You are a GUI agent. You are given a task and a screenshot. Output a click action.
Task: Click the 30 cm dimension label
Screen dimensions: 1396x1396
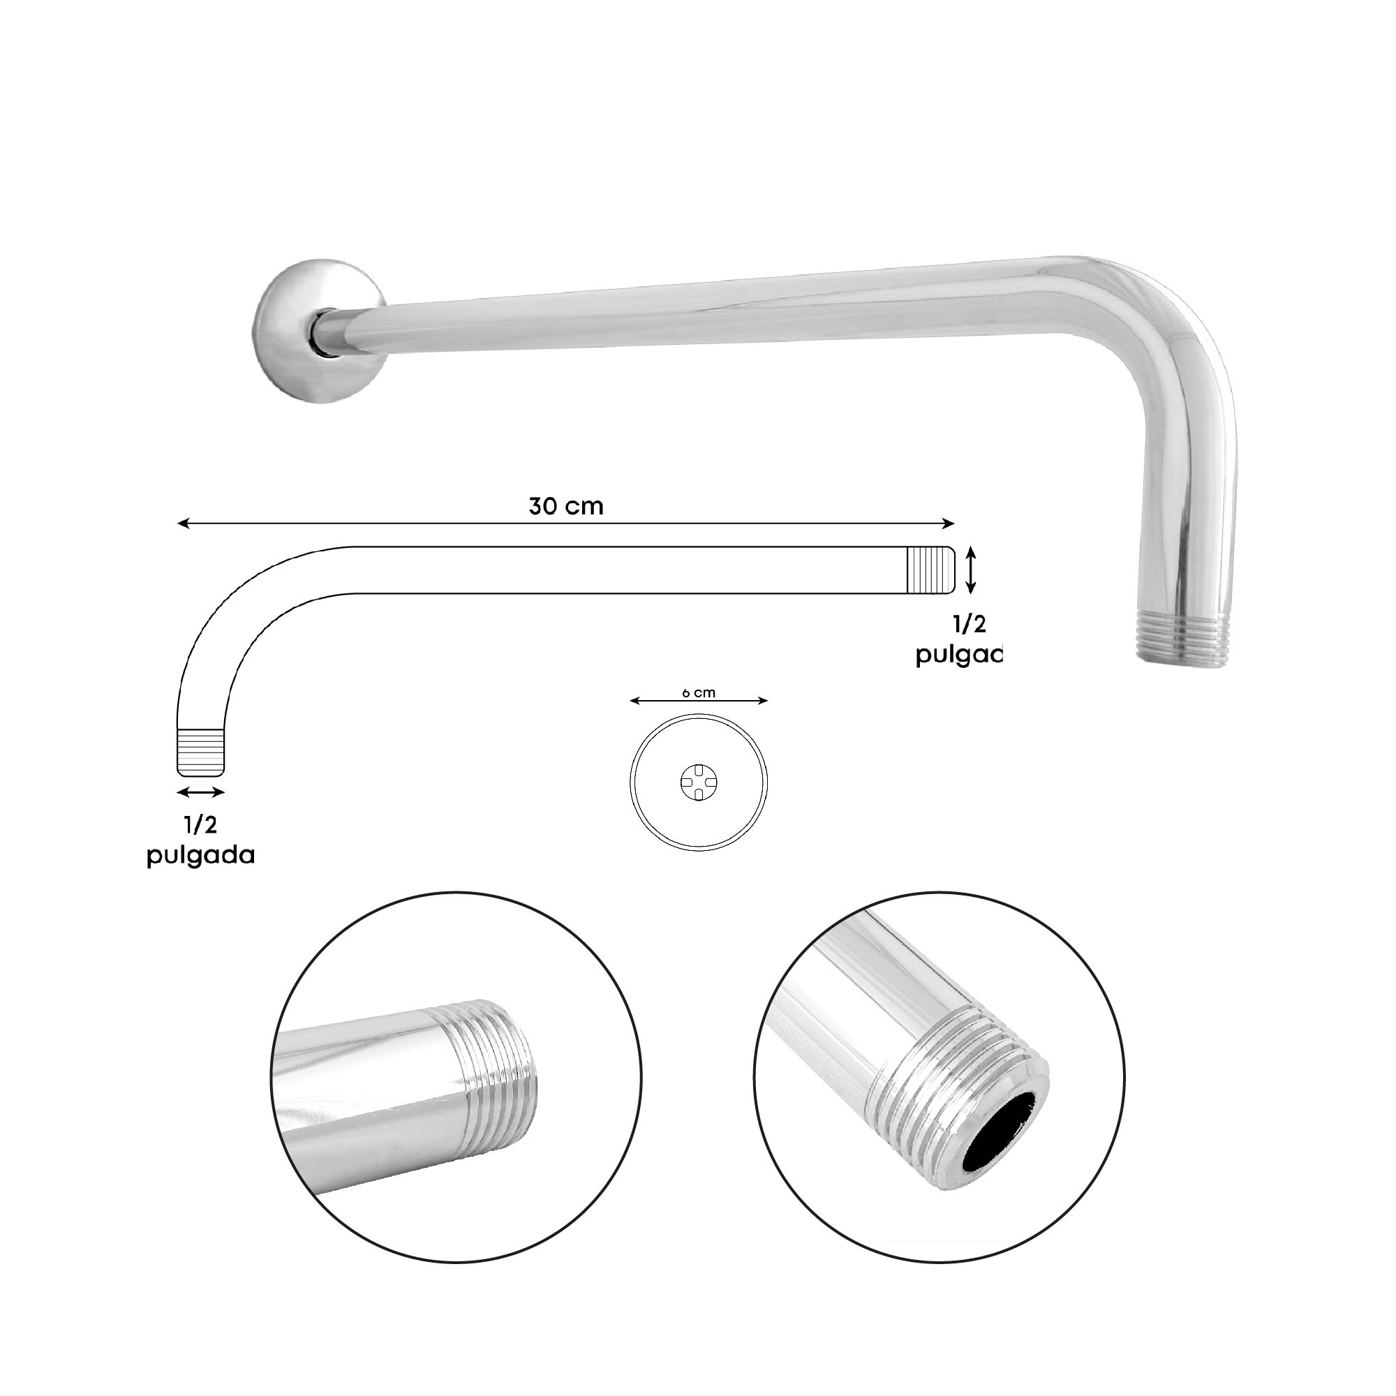tap(566, 507)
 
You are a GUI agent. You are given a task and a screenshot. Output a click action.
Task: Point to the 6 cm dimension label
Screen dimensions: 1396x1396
tap(698, 693)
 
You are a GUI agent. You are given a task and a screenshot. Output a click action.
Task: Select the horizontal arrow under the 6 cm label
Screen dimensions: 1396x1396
tap(698, 700)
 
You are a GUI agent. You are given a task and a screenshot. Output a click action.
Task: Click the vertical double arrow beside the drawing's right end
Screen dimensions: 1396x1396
tap(972, 570)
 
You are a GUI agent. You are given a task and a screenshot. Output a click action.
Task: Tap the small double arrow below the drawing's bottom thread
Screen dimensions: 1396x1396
tap(201, 792)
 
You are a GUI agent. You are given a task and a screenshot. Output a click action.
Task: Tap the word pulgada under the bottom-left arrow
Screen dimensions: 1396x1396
tap(201, 856)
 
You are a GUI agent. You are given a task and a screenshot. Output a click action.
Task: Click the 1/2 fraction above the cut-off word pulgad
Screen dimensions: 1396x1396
tap(968, 625)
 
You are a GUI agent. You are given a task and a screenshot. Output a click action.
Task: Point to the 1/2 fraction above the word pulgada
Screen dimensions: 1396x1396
tap(201, 825)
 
